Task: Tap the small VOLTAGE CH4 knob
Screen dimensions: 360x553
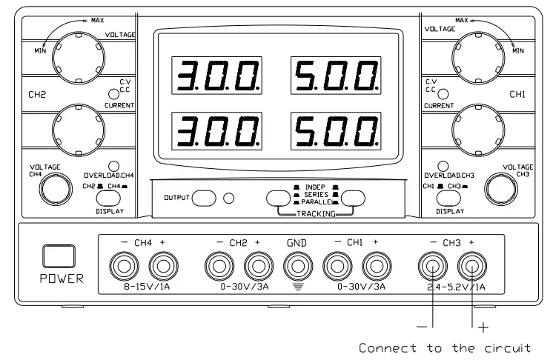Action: point(50,190)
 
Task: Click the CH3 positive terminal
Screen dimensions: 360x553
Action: point(471,264)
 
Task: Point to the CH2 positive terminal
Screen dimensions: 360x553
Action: point(257,264)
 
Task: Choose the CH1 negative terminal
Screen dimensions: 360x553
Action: point(337,264)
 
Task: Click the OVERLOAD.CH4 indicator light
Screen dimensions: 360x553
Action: point(113,166)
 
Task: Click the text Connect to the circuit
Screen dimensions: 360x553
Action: point(445,347)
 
